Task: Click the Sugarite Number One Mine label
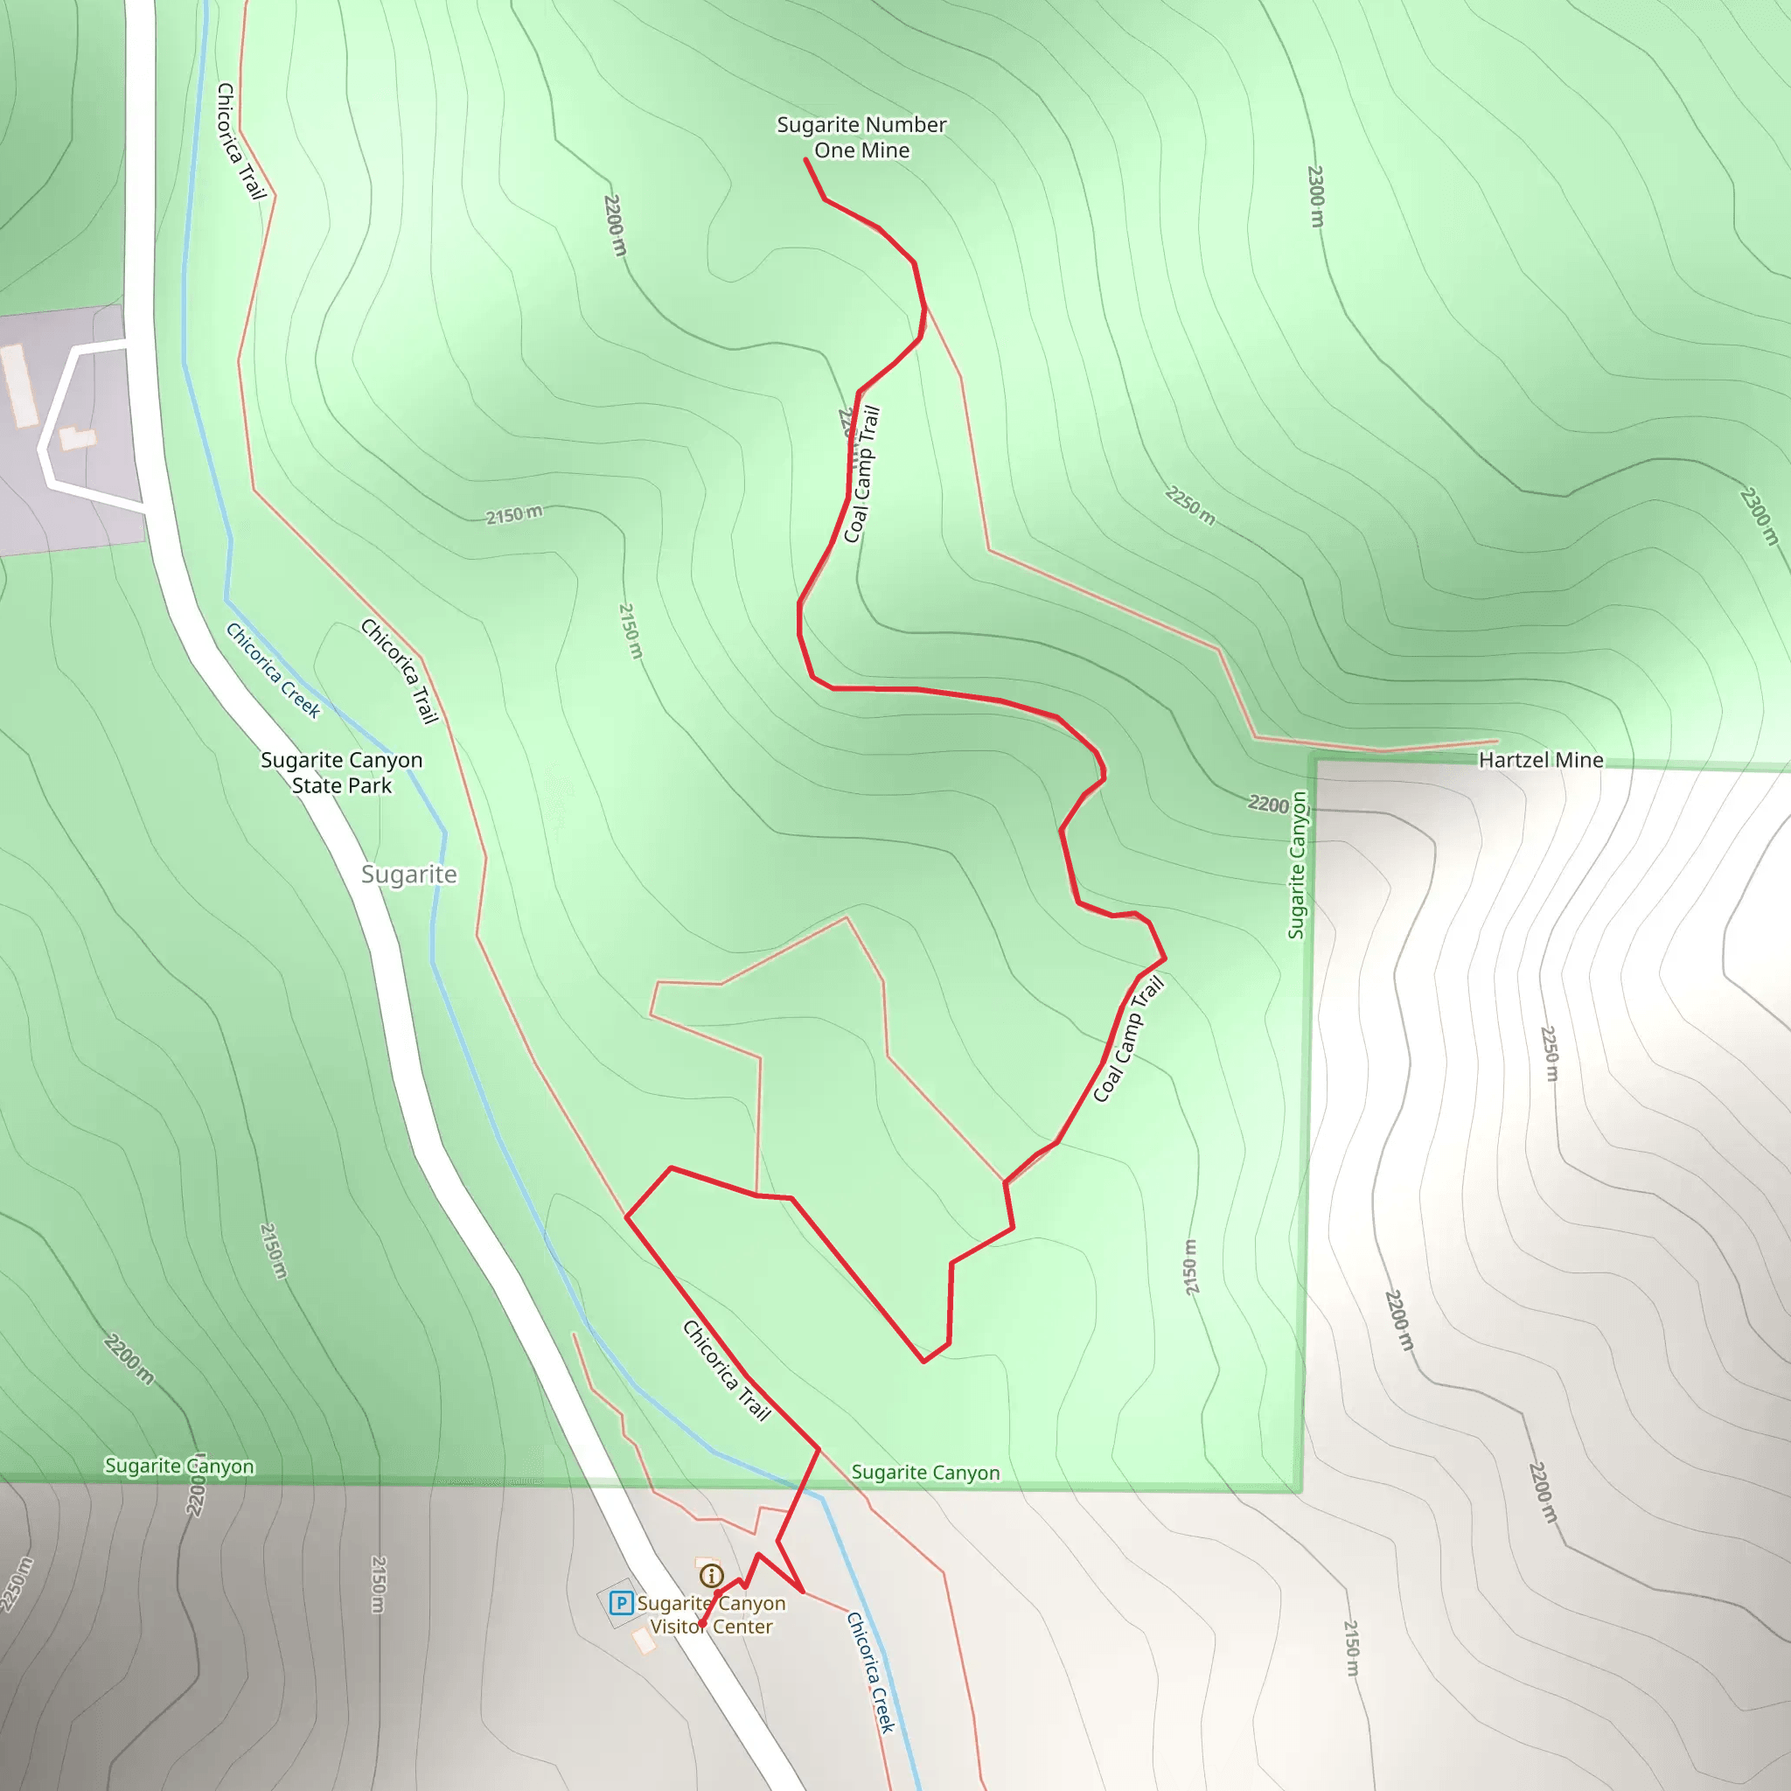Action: coord(861,137)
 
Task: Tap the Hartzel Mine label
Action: coord(1540,760)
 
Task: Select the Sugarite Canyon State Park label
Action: coord(341,772)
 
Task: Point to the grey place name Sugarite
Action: coord(408,875)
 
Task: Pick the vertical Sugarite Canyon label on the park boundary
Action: coord(1297,864)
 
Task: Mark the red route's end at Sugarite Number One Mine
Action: coord(805,159)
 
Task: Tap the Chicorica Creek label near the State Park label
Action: coord(274,669)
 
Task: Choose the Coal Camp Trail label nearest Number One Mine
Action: coord(861,475)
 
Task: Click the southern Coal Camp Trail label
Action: coord(1127,1039)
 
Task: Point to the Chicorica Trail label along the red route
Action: coord(727,1370)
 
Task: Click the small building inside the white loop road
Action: coord(78,436)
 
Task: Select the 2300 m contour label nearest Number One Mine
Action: coord(1315,196)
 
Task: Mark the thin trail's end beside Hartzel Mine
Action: coord(1497,741)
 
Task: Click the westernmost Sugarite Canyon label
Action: coord(179,1466)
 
